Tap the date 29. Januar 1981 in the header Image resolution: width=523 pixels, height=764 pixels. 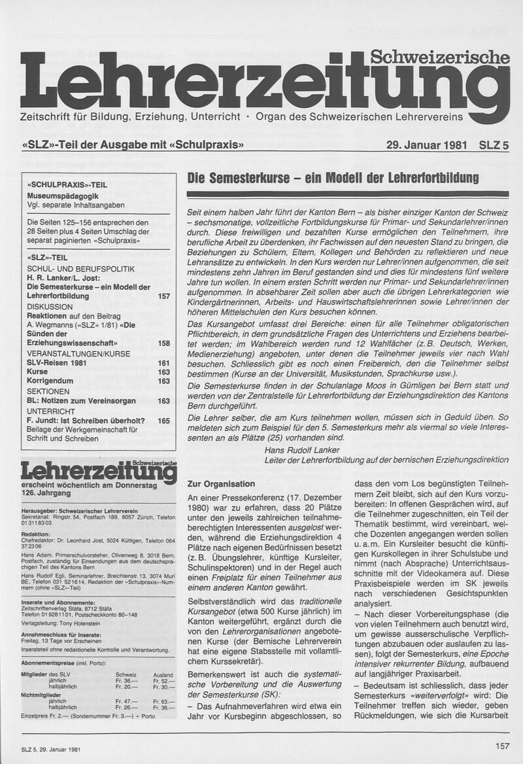point(426,145)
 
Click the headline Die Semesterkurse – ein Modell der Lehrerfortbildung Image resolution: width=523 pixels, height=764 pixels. point(333,178)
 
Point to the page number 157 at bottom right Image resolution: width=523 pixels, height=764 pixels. point(502,745)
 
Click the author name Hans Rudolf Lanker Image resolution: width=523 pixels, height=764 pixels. point(301,450)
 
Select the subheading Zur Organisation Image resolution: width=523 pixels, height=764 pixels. point(221,484)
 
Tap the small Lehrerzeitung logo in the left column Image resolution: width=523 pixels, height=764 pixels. point(98,471)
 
